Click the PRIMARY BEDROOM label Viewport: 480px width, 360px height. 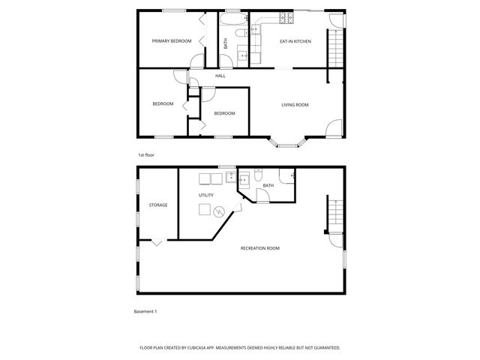pyautogui.click(x=172, y=40)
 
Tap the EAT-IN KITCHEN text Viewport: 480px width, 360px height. pyautogui.click(x=295, y=41)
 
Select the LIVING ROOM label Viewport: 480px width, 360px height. pyautogui.click(x=295, y=105)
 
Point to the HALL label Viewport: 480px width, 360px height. pyautogui.click(x=220, y=76)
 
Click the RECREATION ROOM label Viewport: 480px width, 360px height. pyautogui.click(x=259, y=248)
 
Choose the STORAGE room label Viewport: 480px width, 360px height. pyautogui.click(x=157, y=205)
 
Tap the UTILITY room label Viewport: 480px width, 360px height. pyautogui.click(x=206, y=195)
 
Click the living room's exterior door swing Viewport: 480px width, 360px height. pyautogui.click(x=332, y=128)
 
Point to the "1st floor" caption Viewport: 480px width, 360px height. pyautogui.click(x=145, y=155)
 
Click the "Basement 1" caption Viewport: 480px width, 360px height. pyautogui.click(x=145, y=310)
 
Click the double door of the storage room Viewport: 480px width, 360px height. pyautogui.click(x=156, y=242)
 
